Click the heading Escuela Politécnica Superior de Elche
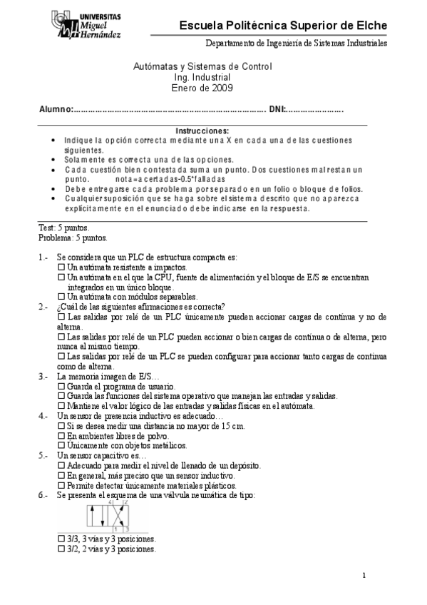(284, 26)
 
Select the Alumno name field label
(56, 109)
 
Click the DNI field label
(277, 109)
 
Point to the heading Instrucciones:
(202, 131)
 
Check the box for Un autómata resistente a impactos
(61, 266)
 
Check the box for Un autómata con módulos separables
(61, 296)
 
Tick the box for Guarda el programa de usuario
(61, 386)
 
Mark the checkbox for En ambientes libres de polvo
(61, 435)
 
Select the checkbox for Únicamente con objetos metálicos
(61, 444)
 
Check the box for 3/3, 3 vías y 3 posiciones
(61, 540)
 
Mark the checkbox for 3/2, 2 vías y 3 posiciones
(61, 550)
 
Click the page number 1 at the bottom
(364, 576)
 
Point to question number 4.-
(43, 415)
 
